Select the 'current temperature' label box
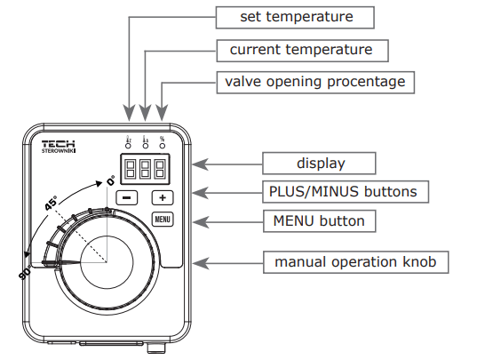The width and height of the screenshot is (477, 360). (301, 49)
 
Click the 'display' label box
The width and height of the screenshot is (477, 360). (319, 164)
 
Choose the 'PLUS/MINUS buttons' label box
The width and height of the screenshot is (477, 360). (342, 191)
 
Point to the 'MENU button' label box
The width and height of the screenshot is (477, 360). (319, 219)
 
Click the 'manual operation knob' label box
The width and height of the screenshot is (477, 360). (355, 262)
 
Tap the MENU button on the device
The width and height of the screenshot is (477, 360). (162, 219)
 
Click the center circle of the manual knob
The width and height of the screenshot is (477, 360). (108, 262)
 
